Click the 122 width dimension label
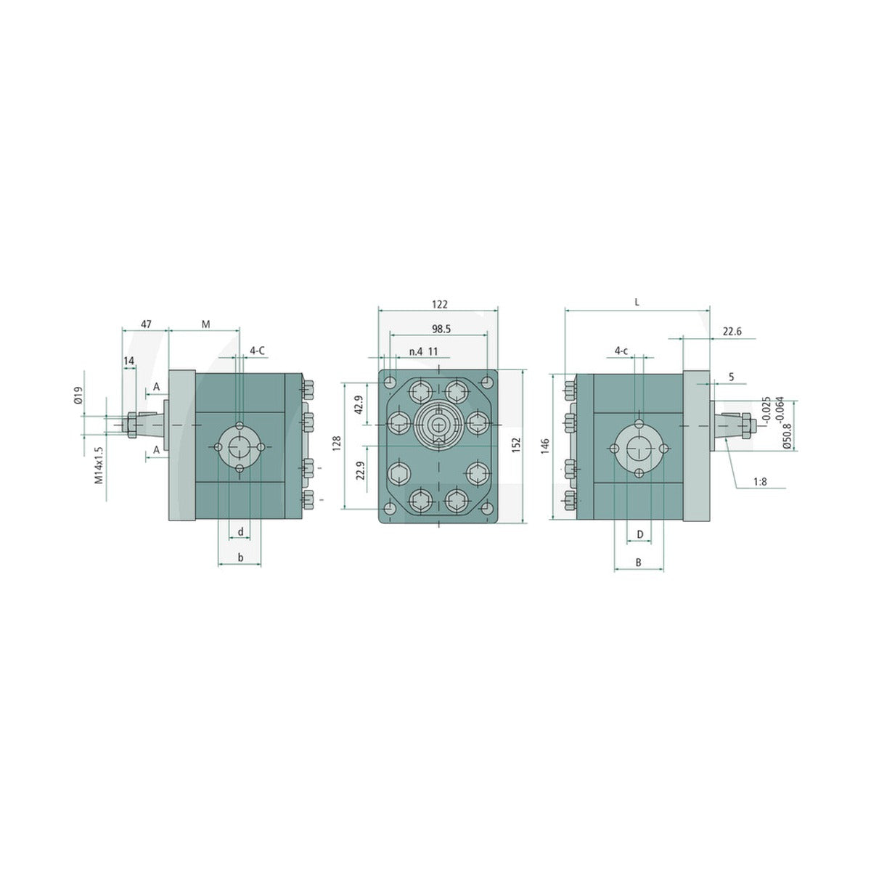click(439, 304)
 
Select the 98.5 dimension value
click(441, 329)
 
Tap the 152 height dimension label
click(518, 445)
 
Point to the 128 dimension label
click(336, 443)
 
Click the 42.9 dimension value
click(359, 404)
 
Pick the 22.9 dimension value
click(360, 470)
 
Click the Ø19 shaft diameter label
click(78, 395)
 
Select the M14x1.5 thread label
click(99, 465)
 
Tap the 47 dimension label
click(146, 324)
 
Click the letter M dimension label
click(205, 324)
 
